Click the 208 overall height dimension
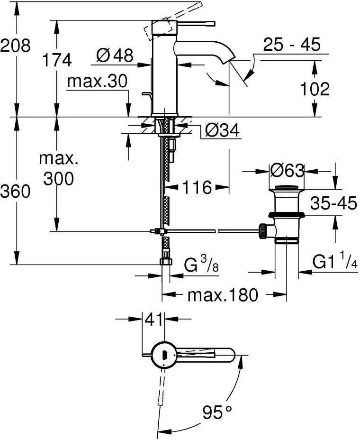coord(15,46)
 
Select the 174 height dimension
coord(57,60)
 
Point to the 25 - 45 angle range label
coord(292,45)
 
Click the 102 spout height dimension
coord(314,89)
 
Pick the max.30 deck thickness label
coord(97,82)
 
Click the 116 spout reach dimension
coord(197,187)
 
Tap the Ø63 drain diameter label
coord(286,170)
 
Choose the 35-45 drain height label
coord(333,203)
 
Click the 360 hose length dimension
coord(15,191)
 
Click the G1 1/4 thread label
coord(334,261)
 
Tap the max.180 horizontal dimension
coord(223,295)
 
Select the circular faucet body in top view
coord(162,354)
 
